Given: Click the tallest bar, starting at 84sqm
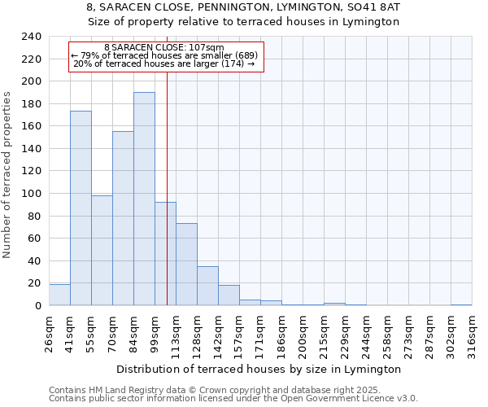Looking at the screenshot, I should click(144, 199).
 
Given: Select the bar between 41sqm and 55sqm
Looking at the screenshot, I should click(81, 208).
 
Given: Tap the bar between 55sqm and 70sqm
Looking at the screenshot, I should click(102, 251).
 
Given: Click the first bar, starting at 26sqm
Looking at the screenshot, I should click(59, 295).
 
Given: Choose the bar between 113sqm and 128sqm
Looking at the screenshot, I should click(186, 265).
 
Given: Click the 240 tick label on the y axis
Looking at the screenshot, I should click(31, 37).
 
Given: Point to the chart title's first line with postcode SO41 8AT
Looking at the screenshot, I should click(243, 7).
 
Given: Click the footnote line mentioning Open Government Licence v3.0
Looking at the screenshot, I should click(233, 399).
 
